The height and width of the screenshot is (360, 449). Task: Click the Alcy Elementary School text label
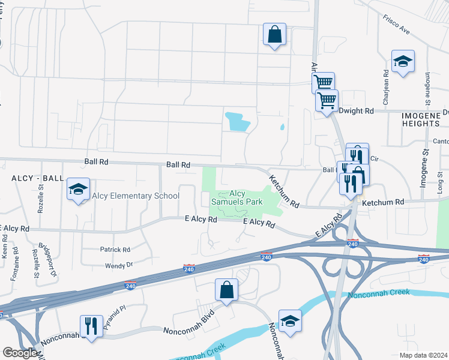(x=135, y=196)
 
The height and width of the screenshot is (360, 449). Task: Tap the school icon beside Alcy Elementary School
(x=78, y=190)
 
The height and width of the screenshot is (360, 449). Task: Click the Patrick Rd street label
(x=115, y=250)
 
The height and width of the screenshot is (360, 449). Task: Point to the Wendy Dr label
(x=118, y=265)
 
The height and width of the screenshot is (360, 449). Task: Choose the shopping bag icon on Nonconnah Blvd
(x=227, y=290)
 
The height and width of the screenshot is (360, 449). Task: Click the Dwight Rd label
(x=357, y=111)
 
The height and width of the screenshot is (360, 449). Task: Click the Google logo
(x=20, y=353)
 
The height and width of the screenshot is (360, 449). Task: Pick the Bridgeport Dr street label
(x=47, y=259)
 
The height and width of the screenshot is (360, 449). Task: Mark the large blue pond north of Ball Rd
(x=237, y=122)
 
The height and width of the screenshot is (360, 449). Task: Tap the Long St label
(x=440, y=187)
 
